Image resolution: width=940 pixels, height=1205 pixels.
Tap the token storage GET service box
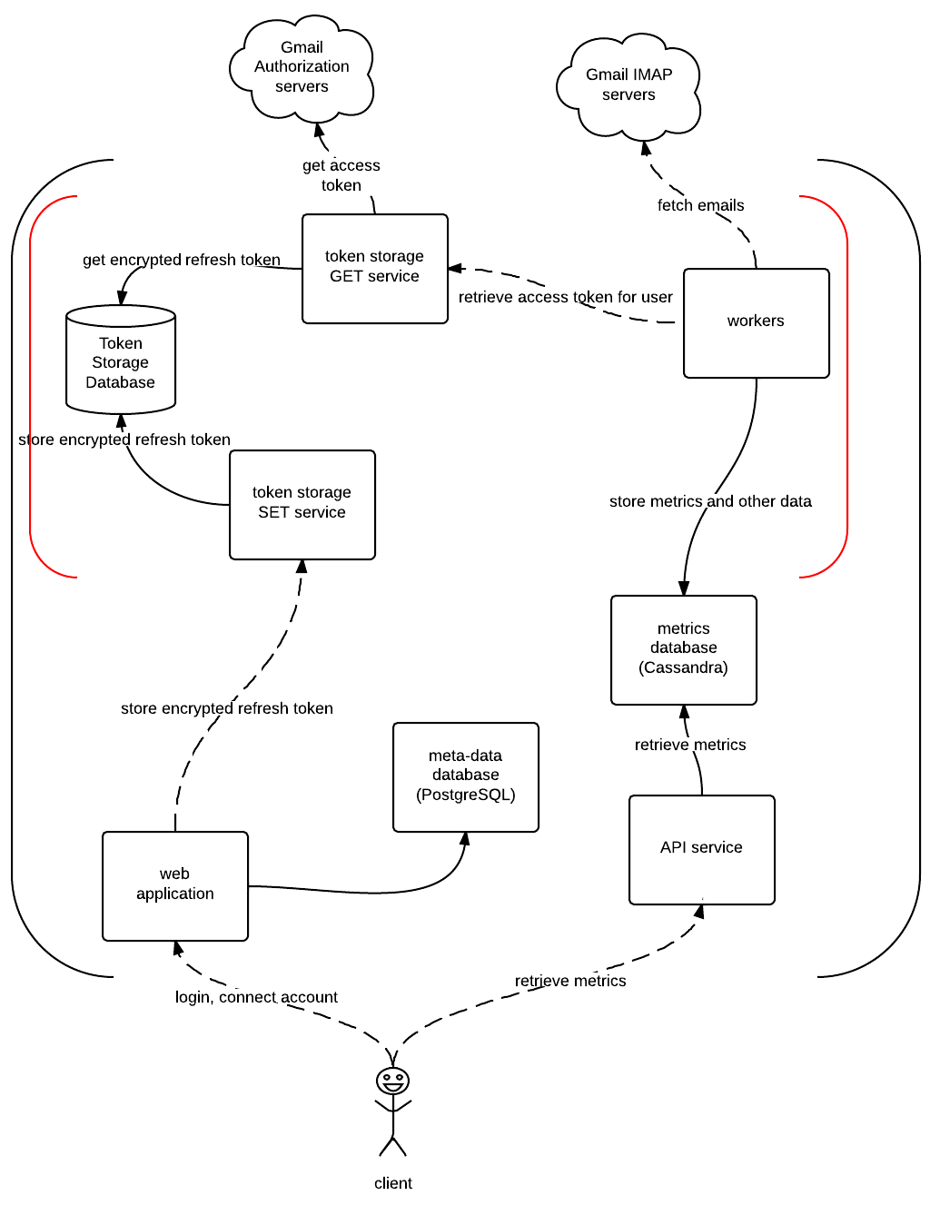point(374,269)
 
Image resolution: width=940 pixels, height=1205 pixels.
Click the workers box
point(756,322)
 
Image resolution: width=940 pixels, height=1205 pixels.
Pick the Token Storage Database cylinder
point(121,360)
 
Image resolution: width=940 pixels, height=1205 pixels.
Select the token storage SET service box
point(302,505)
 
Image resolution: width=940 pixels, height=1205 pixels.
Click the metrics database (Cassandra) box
point(683,650)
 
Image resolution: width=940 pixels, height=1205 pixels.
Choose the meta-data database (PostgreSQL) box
point(465,777)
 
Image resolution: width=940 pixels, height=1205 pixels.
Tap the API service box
point(701,850)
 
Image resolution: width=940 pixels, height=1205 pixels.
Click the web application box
point(174,886)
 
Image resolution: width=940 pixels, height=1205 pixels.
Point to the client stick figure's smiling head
point(392,1082)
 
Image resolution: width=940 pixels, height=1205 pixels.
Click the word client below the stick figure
point(392,1183)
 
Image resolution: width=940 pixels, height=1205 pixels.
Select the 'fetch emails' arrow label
point(700,205)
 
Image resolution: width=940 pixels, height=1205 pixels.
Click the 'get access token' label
point(341,174)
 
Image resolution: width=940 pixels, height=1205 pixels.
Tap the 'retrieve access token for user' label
point(565,297)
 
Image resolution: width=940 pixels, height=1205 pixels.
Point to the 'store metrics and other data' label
point(710,501)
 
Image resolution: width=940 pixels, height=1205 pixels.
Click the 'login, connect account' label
point(256,997)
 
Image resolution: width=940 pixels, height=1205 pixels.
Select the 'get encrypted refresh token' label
point(182,260)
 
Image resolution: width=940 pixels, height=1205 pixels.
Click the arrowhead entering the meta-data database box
point(465,838)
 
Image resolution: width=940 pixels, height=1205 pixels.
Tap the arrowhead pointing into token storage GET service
point(455,269)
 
